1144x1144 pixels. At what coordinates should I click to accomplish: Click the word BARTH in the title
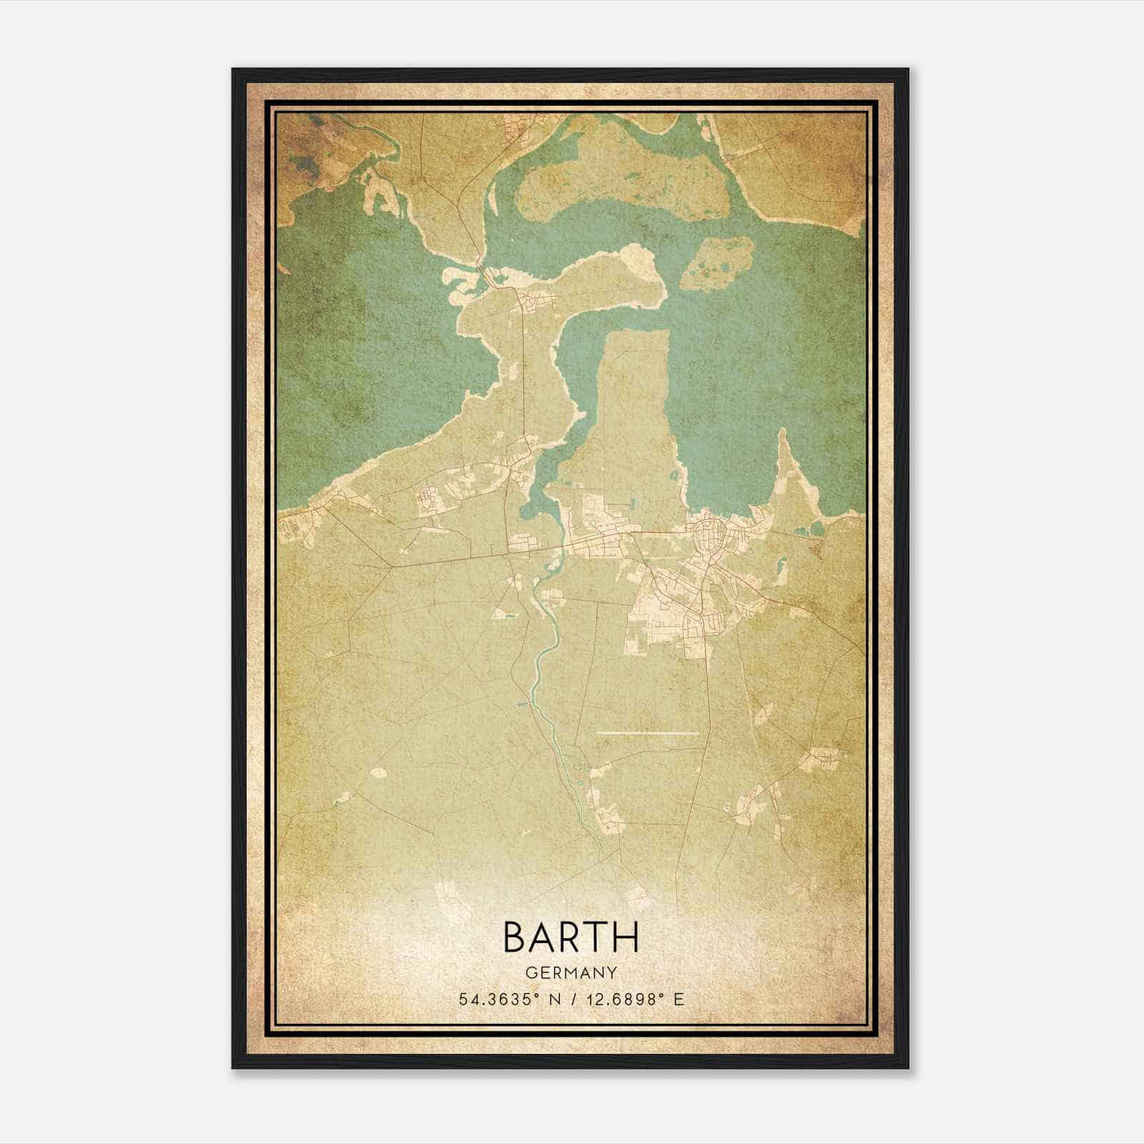[571, 937]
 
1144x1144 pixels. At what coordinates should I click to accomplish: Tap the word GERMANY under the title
[571, 973]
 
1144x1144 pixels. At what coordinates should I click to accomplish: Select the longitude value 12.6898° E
[634, 999]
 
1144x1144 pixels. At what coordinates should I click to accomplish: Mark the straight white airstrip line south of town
[647, 733]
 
